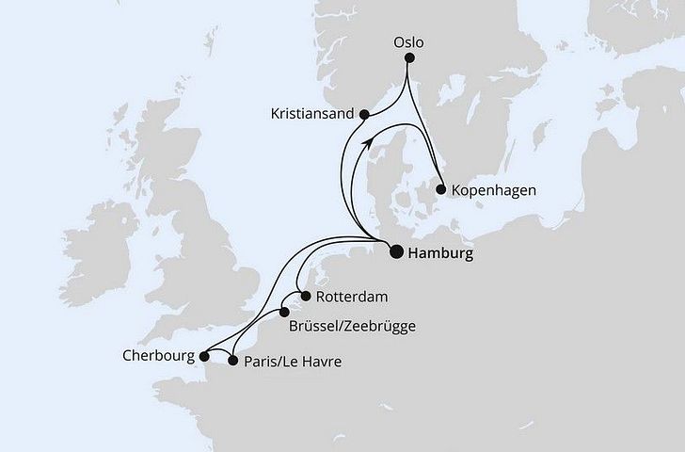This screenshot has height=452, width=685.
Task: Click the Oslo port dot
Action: pyautogui.click(x=409, y=58)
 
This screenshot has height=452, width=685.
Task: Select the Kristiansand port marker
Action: pyautogui.click(x=365, y=114)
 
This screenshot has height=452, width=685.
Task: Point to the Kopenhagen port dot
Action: pyautogui.click(x=440, y=189)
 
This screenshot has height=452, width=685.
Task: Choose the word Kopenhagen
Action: pyautogui.click(x=494, y=190)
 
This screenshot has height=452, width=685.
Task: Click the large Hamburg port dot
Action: pyautogui.click(x=395, y=251)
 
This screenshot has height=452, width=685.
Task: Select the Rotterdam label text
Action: pyautogui.click(x=352, y=297)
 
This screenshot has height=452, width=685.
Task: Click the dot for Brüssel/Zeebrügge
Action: pyautogui.click(x=283, y=313)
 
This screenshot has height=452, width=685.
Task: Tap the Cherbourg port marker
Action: pyautogui.click(x=204, y=356)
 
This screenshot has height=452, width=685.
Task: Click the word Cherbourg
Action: pyautogui.click(x=159, y=357)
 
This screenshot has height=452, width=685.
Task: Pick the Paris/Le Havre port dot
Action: pyautogui.click(x=233, y=360)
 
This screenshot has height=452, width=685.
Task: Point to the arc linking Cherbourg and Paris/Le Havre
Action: pyautogui.click(x=219, y=353)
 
